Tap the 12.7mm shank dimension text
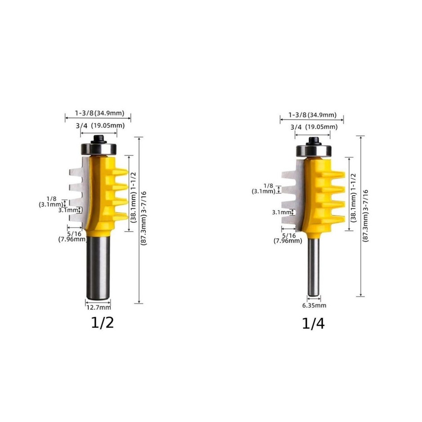pyautogui.click(x=98, y=307)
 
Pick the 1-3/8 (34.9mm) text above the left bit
pyautogui.click(x=99, y=113)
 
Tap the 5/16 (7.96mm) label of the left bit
pyautogui.click(x=72, y=236)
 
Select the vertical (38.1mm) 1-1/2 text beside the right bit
pyautogui.click(x=353, y=194)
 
